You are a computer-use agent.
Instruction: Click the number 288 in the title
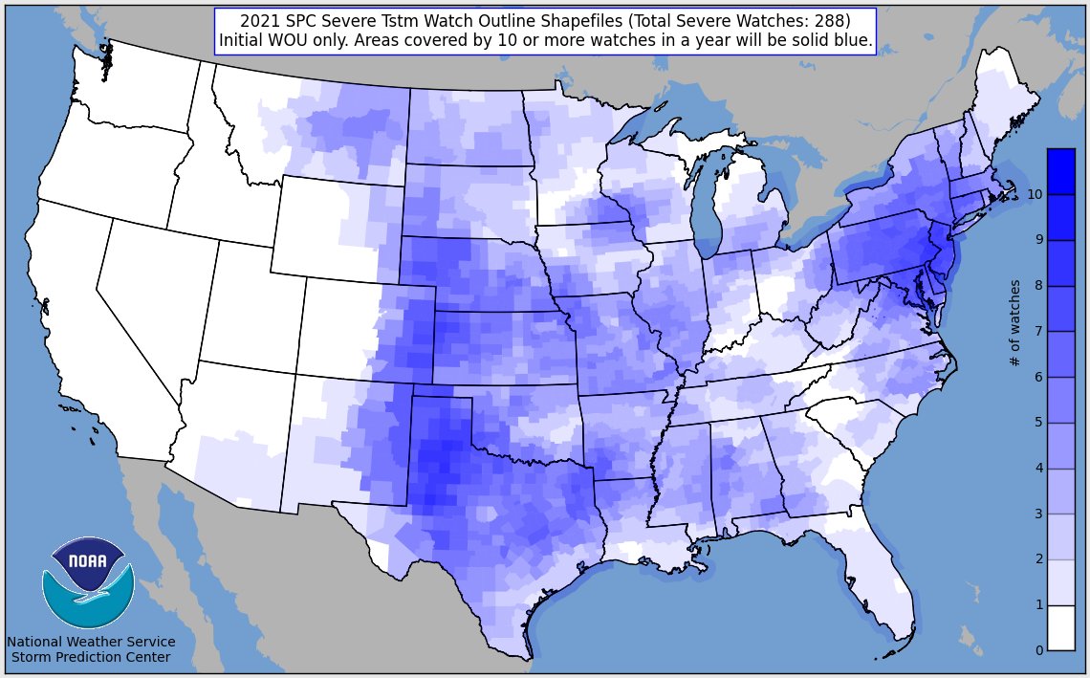pos(822,21)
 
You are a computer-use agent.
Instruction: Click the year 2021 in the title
pos(258,21)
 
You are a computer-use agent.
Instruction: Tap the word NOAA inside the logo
pos(88,561)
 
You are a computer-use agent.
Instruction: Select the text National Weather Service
pos(91,642)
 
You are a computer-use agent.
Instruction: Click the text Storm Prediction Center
pos(91,658)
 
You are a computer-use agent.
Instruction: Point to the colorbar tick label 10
pos(1035,194)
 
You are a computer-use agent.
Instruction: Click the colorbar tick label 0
pos(1038,650)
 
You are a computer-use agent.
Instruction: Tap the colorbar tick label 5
pos(1038,423)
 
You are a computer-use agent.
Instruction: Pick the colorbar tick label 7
pos(1038,331)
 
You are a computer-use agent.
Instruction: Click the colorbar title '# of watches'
pos(1015,323)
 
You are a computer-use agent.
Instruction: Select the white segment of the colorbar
pos(1060,627)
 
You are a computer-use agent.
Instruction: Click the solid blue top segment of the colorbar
pos(1060,171)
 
